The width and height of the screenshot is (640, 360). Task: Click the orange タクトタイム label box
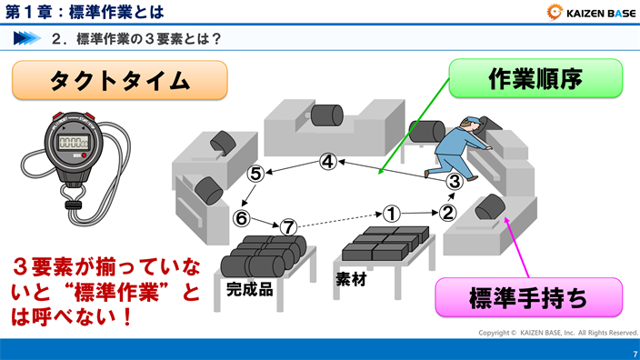coord(119,80)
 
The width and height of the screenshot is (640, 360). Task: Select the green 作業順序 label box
coord(535,78)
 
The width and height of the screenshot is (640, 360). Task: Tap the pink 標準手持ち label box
coord(528,297)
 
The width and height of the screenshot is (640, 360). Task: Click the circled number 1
coord(391,214)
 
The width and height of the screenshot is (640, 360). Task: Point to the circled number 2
coord(447,214)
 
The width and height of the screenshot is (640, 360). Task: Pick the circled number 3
coord(455,181)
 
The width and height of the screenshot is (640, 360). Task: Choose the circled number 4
coord(328,163)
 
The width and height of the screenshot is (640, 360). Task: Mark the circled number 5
coord(256,173)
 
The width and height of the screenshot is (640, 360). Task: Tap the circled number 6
coord(241,218)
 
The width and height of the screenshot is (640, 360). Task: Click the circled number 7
coord(288,227)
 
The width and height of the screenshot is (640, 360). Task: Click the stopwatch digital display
coord(73,142)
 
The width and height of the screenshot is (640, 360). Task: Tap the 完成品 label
coord(250,289)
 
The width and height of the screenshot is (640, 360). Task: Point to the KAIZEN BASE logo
coord(591,12)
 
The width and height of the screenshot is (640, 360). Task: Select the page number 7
coord(633,353)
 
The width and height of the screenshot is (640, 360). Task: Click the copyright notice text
coord(558,333)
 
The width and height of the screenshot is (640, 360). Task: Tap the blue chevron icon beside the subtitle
coord(27,39)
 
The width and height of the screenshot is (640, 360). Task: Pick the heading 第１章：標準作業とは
coord(85,12)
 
